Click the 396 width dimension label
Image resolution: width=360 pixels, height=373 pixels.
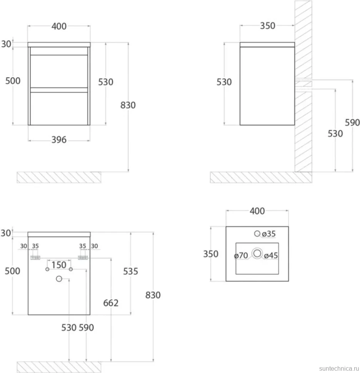click(59, 140)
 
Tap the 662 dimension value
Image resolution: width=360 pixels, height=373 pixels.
click(111, 303)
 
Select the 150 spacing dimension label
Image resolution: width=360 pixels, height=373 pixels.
click(59, 265)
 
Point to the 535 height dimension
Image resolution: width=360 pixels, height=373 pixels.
click(130, 271)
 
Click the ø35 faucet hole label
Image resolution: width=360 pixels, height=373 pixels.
click(268, 234)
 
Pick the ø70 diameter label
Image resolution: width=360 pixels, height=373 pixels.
click(241, 255)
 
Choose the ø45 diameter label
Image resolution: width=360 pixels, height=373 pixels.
click(271, 255)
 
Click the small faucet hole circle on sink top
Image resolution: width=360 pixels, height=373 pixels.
click(257, 233)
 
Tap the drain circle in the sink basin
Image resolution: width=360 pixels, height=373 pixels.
click(257, 253)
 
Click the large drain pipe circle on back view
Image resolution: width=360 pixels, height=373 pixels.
click(59, 279)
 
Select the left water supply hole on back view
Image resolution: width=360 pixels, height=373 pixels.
click(47, 269)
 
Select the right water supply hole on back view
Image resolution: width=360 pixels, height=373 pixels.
click(71, 269)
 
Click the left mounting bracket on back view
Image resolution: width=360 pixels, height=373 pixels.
click(35, 258)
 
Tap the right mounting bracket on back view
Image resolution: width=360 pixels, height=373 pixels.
click(83, 258)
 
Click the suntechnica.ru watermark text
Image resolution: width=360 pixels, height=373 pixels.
click(339, 368)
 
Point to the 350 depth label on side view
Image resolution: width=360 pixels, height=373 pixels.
click(268, 26)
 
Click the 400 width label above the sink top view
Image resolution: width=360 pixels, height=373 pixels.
click(257, 211)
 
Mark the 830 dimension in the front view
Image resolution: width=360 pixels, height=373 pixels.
click(128, 105)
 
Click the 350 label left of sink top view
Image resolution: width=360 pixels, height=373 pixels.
click(211, 254)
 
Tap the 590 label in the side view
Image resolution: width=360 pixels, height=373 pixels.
click(352, 123)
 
